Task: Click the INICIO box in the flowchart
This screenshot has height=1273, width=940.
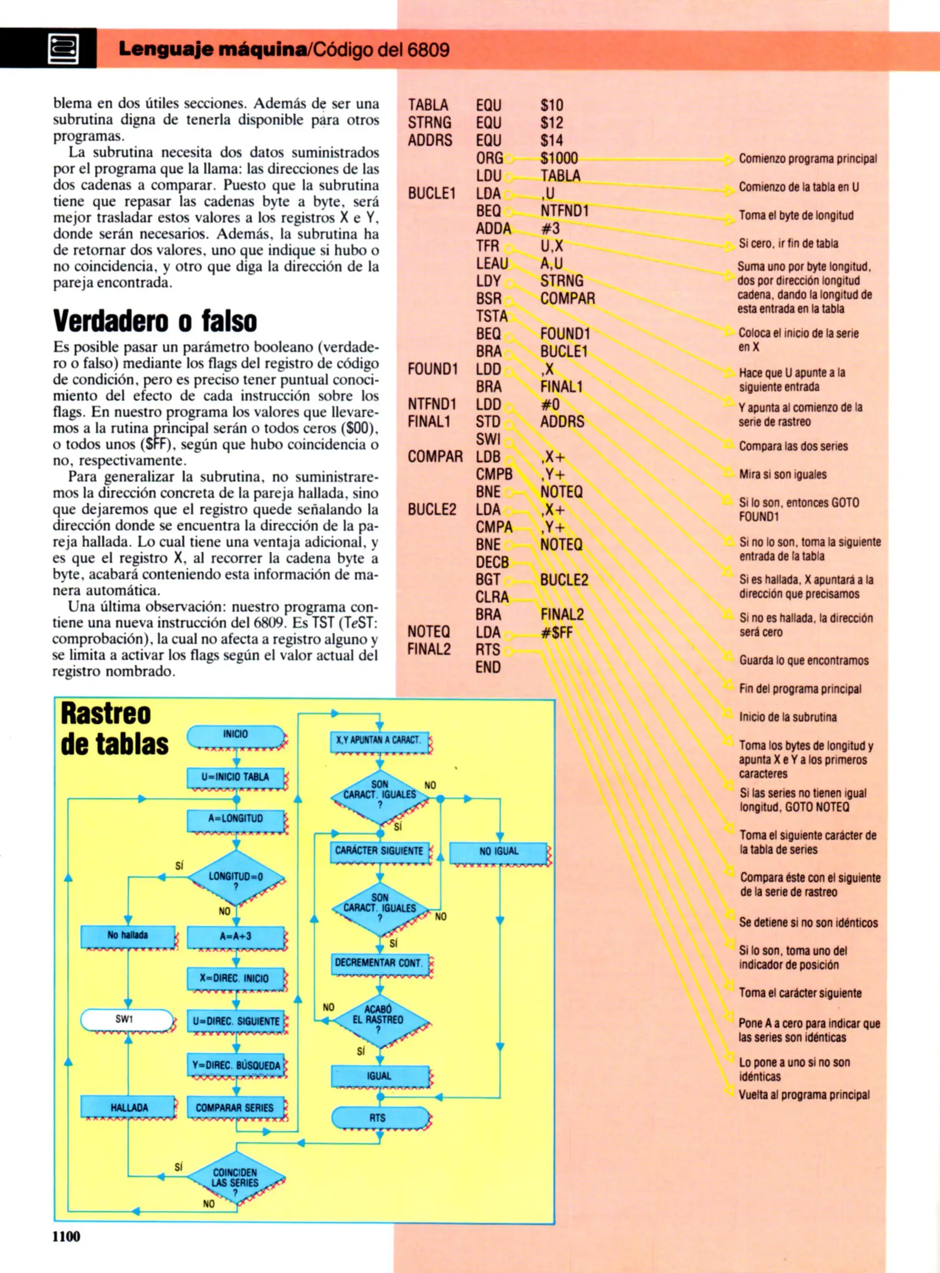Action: click(236, 735)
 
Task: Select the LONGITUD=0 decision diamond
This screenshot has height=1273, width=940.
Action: click(236, 879)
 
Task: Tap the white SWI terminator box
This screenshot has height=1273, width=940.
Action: click(127, 1020)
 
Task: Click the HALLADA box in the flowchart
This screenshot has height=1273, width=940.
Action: click(128, 1107)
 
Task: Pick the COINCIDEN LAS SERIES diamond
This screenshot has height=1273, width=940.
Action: click(236, 1179)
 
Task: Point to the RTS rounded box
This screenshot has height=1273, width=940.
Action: click(378, 1117)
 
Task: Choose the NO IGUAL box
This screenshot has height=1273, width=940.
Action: click(499, 852)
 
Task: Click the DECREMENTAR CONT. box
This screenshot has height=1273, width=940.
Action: click(379, 963)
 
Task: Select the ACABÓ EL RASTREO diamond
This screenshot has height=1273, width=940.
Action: click(379, 1020)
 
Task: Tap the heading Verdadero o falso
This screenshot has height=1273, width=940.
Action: click(155, 321)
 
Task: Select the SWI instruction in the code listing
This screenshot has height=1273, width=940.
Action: click(488, 440)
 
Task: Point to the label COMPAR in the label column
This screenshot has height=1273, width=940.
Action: click(435, 457)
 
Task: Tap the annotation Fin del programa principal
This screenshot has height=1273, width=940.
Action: click(800, 689)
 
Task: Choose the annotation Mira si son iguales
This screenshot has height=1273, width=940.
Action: click(783, 474)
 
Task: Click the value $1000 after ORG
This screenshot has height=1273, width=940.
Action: click(559, 158)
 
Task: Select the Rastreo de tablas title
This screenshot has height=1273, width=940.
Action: click(114, 728)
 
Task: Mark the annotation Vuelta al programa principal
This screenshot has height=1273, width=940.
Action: click(804, 1095)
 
